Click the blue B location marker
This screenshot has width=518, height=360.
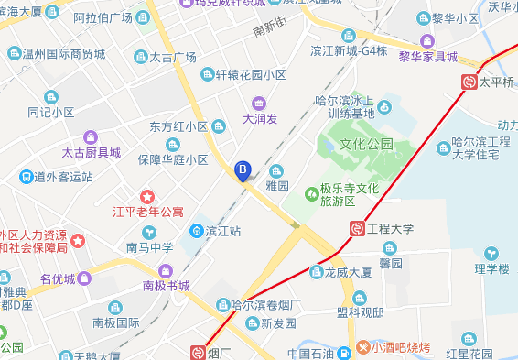(243, 169)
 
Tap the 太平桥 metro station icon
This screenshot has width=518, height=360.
(469, 82)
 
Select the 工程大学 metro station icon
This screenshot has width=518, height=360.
(356, 228)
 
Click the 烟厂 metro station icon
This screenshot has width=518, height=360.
(197, 351)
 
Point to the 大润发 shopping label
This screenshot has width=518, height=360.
(260, 118)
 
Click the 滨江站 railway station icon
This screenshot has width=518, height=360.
(196, 231)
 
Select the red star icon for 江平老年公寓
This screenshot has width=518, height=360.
(146, 196)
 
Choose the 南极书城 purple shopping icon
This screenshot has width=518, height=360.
(165, 270)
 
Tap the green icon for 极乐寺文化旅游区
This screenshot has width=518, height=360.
(313, 193)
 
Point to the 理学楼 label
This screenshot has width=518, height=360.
(491, 268)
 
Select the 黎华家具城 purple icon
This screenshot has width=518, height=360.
(427, 40)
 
